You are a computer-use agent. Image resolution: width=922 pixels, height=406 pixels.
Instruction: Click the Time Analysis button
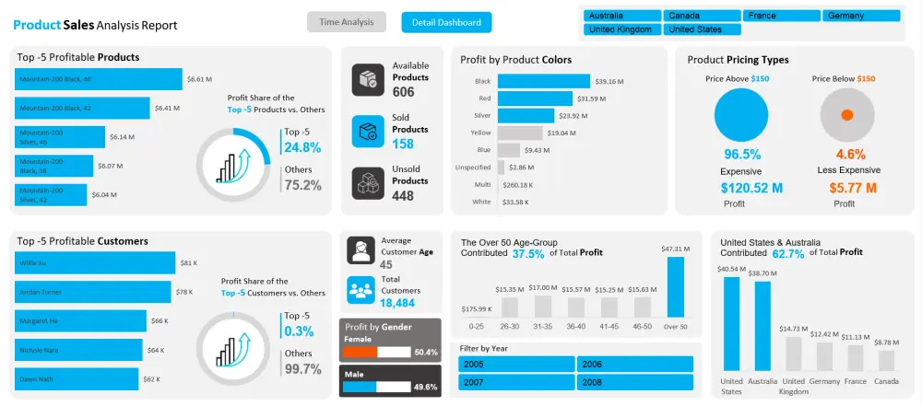pyautogui.click(x=347, y=22)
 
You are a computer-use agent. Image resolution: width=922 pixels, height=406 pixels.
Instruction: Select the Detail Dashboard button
pyautogui.click(x=446, y=22)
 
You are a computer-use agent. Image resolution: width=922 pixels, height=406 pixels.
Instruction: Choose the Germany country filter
pyautogui.click(x=861, y=16)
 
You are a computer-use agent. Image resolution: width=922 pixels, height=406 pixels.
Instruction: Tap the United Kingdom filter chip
pyautogui.click(x=622, y=29)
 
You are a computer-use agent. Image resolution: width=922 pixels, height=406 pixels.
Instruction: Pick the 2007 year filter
pyautogui.click(x=515, y=381)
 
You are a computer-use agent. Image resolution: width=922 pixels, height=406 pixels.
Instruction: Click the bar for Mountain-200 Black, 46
pyautogui.click(x=100, y=79)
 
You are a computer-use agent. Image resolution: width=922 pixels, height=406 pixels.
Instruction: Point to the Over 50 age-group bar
pyautogui.click(x=675, y=286)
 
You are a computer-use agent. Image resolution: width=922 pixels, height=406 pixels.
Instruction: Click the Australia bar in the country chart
pyautogui.click(x=762, y=325)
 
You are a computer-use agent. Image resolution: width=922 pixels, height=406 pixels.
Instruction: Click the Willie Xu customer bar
pyautogui.click(x=95, y=263)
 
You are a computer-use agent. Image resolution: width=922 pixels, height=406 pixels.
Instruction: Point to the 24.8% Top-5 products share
pyautogui.click(x=302, y=147)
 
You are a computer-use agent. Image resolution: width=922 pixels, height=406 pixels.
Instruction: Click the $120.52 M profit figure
pyautogui.click(x=751, y=189)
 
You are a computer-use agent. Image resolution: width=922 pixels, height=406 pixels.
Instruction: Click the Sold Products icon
pyautogui.click(x=368, y=131)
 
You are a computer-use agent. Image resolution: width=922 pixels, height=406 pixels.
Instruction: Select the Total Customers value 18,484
pyautogui.click(x=397, y=303)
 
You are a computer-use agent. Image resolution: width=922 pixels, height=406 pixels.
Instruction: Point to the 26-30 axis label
pyautogui.click(x=509, y=326)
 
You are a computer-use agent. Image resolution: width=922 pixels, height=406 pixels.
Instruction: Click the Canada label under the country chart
pyautogui.click(x=886, y=381)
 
